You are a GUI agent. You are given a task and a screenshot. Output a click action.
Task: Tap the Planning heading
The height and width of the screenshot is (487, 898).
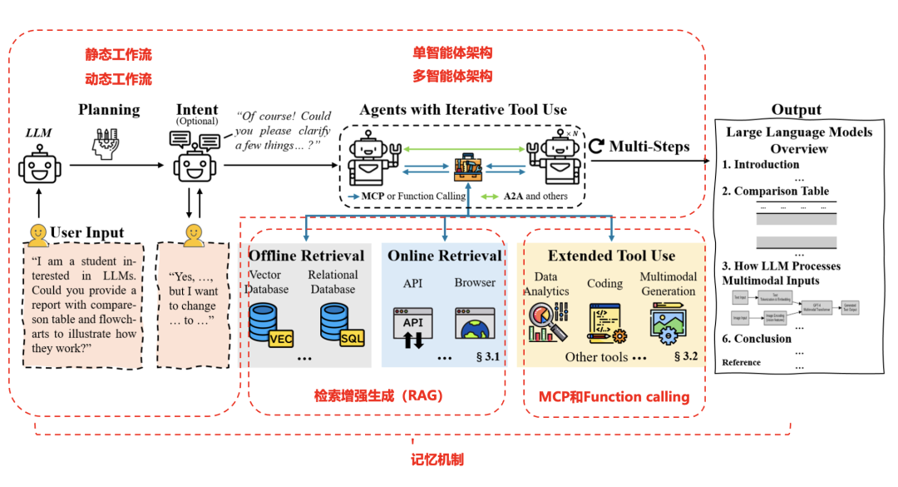[x=109, y=110]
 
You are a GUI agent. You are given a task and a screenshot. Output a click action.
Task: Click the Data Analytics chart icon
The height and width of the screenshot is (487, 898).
[x=548, y=322]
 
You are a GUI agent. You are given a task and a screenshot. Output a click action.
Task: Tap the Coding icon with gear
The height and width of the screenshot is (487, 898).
[x=606, y=323]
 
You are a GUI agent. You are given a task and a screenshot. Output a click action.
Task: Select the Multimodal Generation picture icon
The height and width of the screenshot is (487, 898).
[x=669, y=323]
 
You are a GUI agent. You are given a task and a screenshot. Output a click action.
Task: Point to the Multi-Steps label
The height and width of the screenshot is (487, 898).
[x=649, y=147]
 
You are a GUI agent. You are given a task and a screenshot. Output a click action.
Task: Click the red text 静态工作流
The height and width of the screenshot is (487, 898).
[x=118, y=55]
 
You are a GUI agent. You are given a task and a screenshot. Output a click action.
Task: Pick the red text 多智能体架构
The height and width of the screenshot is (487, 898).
[x=452, y=76]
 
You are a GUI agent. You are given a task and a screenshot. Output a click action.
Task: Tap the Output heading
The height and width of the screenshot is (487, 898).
[x=796, y=110]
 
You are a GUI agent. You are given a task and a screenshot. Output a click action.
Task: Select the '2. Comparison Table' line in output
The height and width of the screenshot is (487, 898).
[x=775, y=191]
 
